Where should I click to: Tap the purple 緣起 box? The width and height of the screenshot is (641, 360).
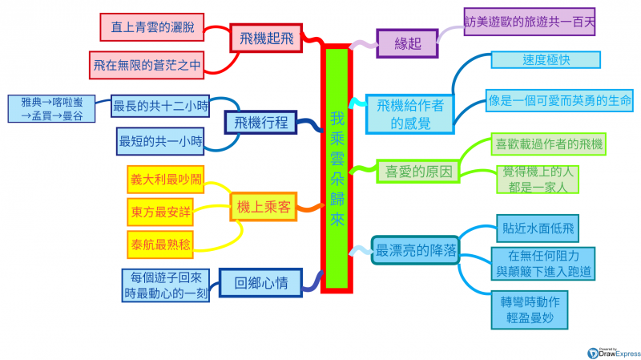(407, 43)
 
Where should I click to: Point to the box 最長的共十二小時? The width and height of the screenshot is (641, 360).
(160, 106)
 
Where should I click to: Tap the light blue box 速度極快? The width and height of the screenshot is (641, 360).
(545, 61)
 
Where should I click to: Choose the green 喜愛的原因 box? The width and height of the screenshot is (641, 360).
(418, 171)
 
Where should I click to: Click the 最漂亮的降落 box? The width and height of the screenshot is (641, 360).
(417, 250)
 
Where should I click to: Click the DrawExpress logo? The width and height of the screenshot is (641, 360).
(614, 351)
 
